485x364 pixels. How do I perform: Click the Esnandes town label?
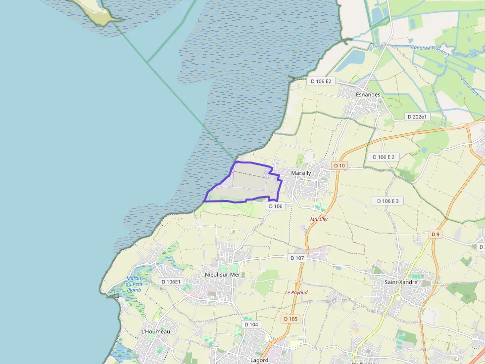(x=368, y=94)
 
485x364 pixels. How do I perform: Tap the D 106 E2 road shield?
(x=321, y=81)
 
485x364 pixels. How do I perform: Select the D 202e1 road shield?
(x=417, y=117)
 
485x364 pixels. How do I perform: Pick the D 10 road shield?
(x=339, y=165)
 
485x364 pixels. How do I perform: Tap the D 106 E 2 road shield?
(x=384, y=157)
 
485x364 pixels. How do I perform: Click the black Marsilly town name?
(x=301, y=173)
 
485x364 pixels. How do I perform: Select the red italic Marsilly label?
(x=319, y=219)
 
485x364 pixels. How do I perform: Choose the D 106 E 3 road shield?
(x=388, y=201)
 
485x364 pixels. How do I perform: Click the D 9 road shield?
(x=435, y=234)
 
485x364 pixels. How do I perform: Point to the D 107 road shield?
(x=297, y=258)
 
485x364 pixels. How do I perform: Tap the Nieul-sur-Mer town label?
(x=222, y=275)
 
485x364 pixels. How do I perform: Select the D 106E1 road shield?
(x=171, y=282)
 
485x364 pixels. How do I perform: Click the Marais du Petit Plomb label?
(x=134, y=284)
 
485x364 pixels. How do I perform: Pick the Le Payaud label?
(x=296, y=292)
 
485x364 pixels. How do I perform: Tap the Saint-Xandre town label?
(x=401, y=283)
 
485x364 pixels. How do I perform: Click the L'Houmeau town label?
(x=155, y=331)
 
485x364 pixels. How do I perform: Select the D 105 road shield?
(x=291, y=319)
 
